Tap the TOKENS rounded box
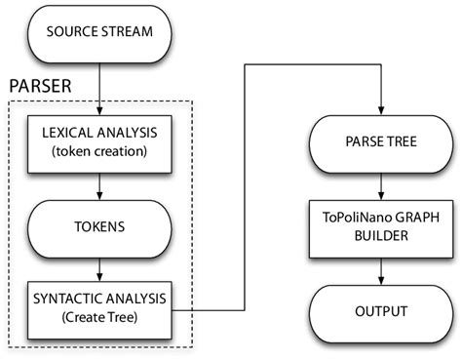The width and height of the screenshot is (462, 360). (99, 226)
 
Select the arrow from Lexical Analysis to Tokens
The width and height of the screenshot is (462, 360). (99, 184)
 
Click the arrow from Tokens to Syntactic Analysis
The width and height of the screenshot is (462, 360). (99, 266)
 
